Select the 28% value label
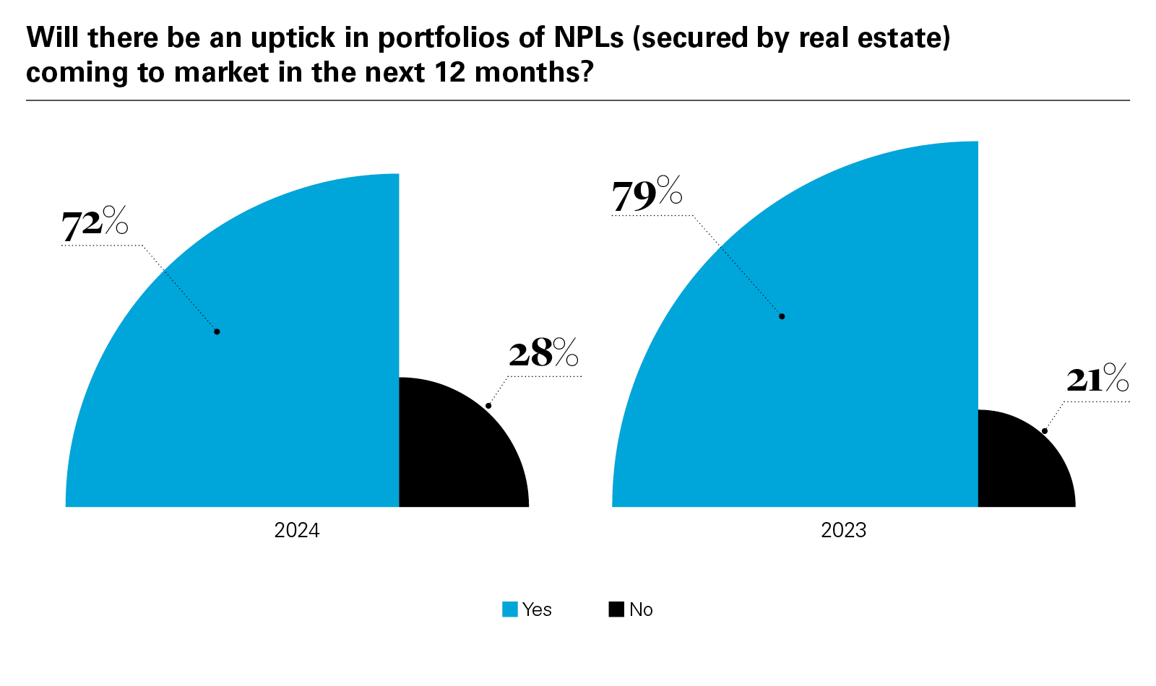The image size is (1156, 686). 543,353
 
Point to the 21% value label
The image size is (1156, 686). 1097,379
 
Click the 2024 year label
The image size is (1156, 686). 297,531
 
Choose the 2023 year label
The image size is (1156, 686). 843,531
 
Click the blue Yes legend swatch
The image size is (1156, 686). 510,609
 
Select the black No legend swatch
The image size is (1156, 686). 616,609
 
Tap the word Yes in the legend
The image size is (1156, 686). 537,609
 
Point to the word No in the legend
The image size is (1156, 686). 641,609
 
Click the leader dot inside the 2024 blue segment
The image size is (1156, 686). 217,331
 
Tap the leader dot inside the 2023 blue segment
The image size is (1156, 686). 782,316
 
